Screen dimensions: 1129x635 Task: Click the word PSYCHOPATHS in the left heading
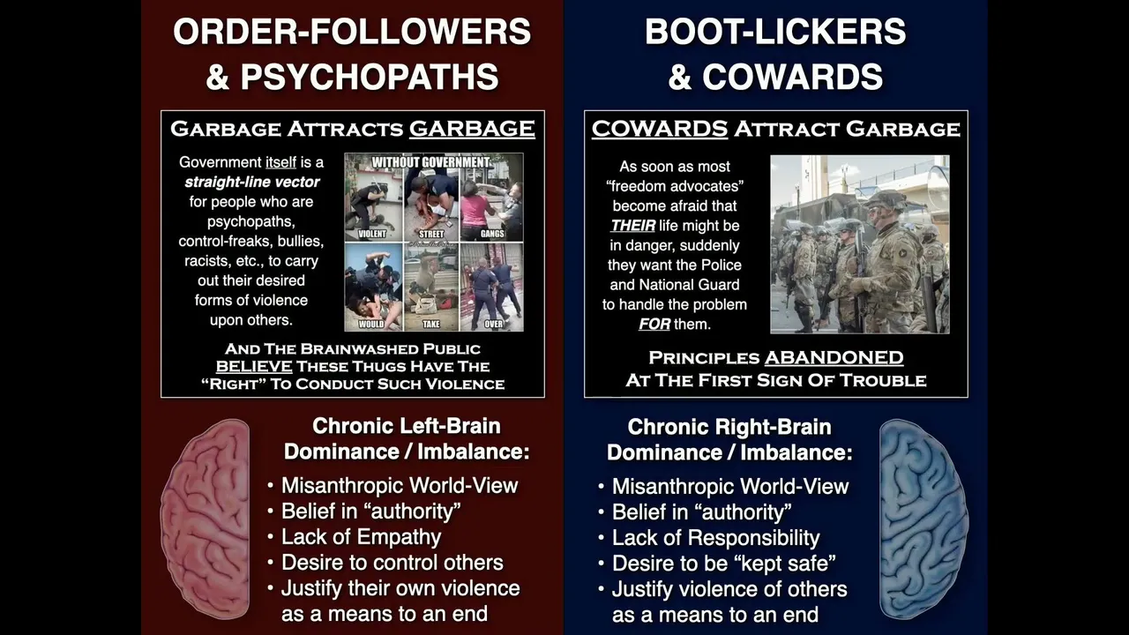click(370, 77)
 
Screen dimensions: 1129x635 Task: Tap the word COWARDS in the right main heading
click(792, 77)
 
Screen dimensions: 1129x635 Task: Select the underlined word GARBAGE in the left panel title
click(472, 129)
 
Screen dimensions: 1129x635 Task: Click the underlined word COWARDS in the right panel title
click(659, 129)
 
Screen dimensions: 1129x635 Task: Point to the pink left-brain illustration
click(206, 519)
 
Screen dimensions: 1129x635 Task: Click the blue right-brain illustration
click(923, 519)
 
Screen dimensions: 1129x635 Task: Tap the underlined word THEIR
click(632, 225)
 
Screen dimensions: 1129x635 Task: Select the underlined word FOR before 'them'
click(654, 324)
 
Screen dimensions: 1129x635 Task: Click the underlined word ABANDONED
click(834, 357)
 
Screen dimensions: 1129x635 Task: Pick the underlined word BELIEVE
click(254, 366)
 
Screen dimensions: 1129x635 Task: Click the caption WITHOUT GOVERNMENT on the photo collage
click(431, 162)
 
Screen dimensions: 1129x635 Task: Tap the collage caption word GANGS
click(492, 234)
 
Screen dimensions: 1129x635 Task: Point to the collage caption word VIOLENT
click(372, 234)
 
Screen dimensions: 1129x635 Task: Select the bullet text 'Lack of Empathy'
click(361, 537)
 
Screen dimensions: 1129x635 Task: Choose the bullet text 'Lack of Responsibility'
click(715, 538)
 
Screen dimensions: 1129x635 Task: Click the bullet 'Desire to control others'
click(393, 563)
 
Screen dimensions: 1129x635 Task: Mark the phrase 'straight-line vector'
click(252, 182)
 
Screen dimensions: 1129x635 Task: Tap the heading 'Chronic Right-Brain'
click(729, 427)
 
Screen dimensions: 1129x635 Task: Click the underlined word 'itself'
click(280, 162)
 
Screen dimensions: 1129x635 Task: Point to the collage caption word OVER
click(493, 324)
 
